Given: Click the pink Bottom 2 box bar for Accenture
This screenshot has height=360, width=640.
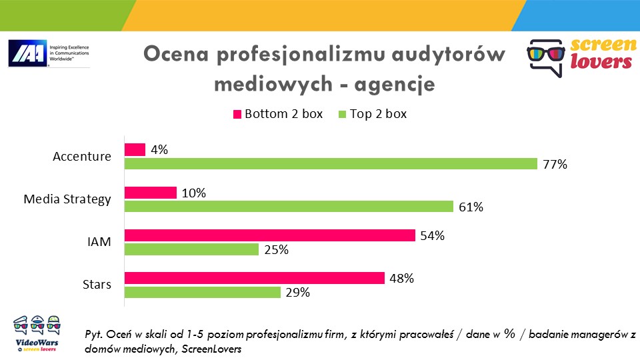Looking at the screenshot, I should [135, 150].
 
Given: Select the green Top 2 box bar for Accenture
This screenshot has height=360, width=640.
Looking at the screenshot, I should [331, 164].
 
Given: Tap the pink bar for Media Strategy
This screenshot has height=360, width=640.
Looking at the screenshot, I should [151, 193].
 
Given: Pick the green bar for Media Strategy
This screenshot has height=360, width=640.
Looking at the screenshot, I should [289, 207].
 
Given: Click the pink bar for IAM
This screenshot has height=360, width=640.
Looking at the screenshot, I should [270, 235].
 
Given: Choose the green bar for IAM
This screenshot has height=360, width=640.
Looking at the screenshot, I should [192, 249].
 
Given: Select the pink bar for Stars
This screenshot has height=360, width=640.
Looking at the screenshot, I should [255, 278].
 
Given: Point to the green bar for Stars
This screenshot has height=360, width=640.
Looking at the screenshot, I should [203, 292].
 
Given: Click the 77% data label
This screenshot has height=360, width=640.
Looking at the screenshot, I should [555, 164].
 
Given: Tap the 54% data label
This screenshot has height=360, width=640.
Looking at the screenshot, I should [432, 235].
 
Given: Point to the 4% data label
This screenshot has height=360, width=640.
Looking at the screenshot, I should [159, 150].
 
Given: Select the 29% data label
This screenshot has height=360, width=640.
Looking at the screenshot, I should [297, 292].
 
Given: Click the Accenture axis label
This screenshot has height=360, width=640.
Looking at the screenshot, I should [82, 157].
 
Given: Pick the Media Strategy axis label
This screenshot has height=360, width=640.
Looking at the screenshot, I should [67, 199].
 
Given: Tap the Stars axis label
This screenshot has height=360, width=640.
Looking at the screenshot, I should [97, 285].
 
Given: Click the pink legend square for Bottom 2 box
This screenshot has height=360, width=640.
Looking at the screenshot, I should [237, 114].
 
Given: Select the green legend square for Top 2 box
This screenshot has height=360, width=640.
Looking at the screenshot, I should [343, 114].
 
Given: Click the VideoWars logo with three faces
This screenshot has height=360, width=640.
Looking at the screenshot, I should [37, 332].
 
